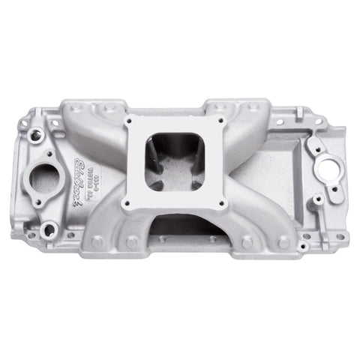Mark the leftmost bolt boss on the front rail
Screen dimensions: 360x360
coord(95,244)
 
